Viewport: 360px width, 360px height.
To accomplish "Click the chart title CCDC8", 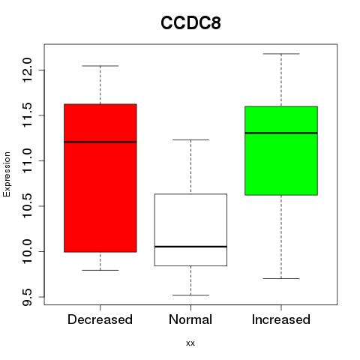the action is (190, 23).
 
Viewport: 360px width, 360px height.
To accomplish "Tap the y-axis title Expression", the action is (7, 174).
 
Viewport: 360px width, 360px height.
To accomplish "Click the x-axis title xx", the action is (190, 343).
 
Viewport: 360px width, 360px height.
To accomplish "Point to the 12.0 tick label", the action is (26, 70).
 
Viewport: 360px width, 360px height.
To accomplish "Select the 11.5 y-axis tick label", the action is (26, 115).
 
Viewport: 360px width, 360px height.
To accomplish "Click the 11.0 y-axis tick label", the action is (26, 160).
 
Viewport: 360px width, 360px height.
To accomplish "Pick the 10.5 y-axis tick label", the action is (26, 206).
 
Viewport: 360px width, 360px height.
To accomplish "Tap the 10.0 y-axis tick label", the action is (26, 251).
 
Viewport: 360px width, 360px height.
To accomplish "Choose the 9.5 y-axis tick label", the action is (26, 297).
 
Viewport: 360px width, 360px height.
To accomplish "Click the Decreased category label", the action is (100, 319).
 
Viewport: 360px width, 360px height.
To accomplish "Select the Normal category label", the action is (190, 319).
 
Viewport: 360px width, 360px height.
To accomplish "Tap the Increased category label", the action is (281, 319).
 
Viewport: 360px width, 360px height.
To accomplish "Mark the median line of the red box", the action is (100, 142).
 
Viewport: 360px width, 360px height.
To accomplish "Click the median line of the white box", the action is (190, 247).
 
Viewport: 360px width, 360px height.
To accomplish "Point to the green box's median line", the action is (281, 133).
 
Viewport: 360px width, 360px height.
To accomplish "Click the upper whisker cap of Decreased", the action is (100, 66).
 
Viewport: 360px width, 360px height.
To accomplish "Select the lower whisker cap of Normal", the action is (190, 295).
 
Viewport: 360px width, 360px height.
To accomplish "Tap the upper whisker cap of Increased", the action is (281, 54).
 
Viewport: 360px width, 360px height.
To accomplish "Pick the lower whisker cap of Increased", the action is (281, 278).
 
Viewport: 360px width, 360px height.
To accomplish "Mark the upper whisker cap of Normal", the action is (190, 140).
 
